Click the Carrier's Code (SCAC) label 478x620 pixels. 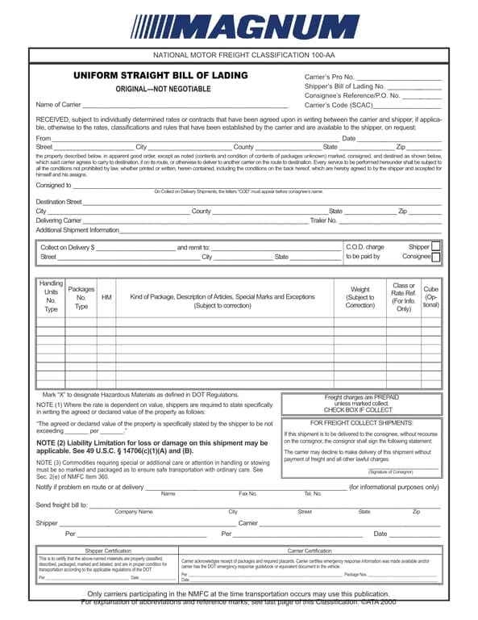339,105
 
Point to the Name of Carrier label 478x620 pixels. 58,105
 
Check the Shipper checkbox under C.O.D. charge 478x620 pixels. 435,247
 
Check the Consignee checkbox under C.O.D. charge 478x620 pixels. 435,258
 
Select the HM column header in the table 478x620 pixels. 106,297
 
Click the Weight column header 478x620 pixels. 360,297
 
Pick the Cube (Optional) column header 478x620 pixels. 431,297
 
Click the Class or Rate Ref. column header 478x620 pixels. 403,297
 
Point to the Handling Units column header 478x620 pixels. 51,296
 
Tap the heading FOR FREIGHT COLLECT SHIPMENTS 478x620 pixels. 361,423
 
